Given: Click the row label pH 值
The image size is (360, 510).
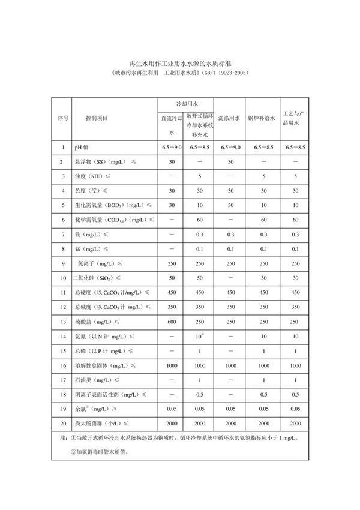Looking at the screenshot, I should tap(82, 147).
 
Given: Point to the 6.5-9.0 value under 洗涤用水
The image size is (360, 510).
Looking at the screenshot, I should tap(230, 147).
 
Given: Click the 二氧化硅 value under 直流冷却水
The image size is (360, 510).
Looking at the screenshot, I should tap(172, 278).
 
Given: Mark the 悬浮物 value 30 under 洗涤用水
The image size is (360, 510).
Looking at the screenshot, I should tap(230, 162).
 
